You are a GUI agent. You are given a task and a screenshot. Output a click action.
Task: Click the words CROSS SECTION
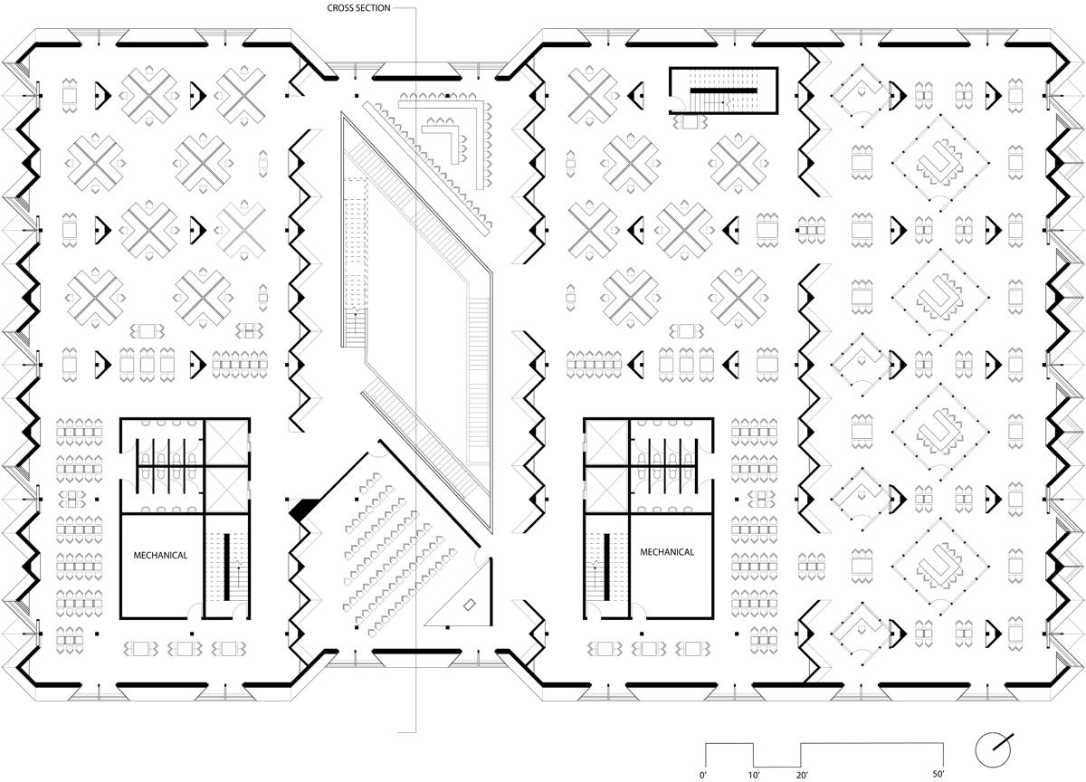pyautogui.click(x=358, y=8)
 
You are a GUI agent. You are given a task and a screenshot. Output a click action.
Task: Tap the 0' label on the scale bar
pyautogui.click(x=703, y=775)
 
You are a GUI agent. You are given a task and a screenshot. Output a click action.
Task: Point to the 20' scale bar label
pyautogui.click(x=802, y=775)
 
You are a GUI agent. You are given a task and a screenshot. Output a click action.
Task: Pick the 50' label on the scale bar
pyautogui.click(x=938, y=774)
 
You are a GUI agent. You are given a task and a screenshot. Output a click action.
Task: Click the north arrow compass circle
pyautogui.click(x=993, y=749)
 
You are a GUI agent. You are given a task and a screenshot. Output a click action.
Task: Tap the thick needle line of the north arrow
pyautogui.click(x=1003, y=742)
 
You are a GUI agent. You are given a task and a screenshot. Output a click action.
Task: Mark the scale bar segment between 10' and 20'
pyautogui.click(x=777, y=767)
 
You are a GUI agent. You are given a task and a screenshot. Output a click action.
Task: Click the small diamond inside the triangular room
pyautogui.click(x=470, y=605)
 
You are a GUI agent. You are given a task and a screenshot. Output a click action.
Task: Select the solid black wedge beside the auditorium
pyautogui.click(x=304, y=508)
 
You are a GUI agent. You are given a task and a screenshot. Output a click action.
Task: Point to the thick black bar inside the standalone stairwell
pyautogui.click(x=723, y=91)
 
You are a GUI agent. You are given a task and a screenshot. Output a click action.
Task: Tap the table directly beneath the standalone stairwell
pyautogui.click(x=690, y=122)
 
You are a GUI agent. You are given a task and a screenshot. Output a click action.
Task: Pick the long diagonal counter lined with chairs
pyautogui.click(x=425, y=169)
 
